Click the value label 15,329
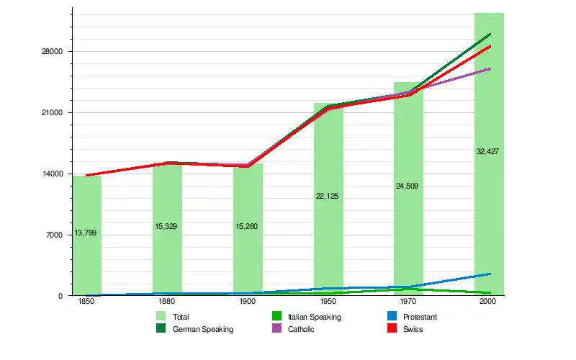[166, 227]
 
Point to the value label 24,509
[407, 186]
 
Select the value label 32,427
[487, 151]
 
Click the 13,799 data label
[86, 233]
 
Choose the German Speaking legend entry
[203, 330]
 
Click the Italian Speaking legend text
[314, 317]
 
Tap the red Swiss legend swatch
[394, 329]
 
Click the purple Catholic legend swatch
[276, 329]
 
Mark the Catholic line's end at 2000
[490, 68]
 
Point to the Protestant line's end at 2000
[490, 274]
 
